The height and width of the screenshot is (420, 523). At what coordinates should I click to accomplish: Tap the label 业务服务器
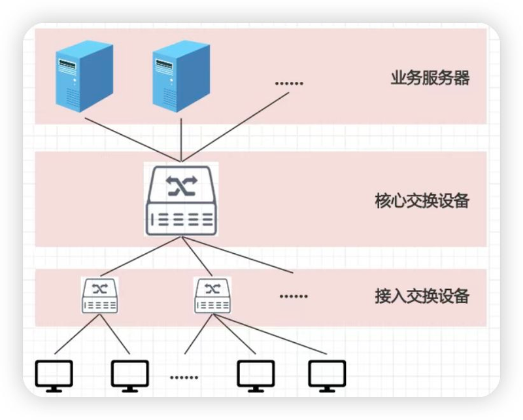430,79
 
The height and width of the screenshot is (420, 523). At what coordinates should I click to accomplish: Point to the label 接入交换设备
422,296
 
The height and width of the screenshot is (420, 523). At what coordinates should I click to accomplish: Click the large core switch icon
180,200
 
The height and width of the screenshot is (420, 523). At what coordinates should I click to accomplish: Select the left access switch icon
99,295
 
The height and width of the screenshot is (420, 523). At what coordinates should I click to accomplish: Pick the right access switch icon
212,295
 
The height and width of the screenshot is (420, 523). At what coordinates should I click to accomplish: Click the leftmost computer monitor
54,376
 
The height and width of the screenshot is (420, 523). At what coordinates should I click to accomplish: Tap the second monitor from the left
129,376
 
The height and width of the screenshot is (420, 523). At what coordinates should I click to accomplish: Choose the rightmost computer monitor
327,376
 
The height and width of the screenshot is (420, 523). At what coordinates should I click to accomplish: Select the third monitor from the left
256,376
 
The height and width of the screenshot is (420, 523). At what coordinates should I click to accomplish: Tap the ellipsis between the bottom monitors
184,377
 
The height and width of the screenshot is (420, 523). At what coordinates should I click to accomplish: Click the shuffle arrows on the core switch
180,186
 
